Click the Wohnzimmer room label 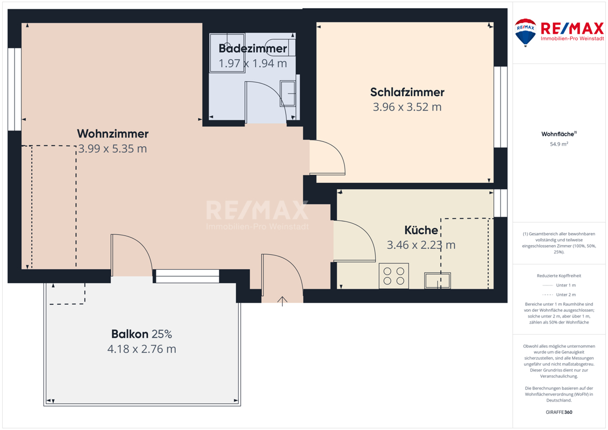point(113,134)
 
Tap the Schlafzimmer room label point(407,92)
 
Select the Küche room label point(421,230)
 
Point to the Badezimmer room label point(253,48)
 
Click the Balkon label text point(130,334)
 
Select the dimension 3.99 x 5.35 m point(113,148)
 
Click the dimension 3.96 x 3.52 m point(407,107)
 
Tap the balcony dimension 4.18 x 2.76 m point(142,349)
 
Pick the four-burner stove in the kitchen point(394,276)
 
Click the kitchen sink point(438,281)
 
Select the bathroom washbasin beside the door point(288,94)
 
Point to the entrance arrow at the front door point(282,302)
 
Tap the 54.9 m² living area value point(559,144)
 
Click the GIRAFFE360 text point(559,412)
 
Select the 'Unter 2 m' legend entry point(559,295)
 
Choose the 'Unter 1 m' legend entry point(559,285)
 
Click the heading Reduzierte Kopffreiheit point(559,276)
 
